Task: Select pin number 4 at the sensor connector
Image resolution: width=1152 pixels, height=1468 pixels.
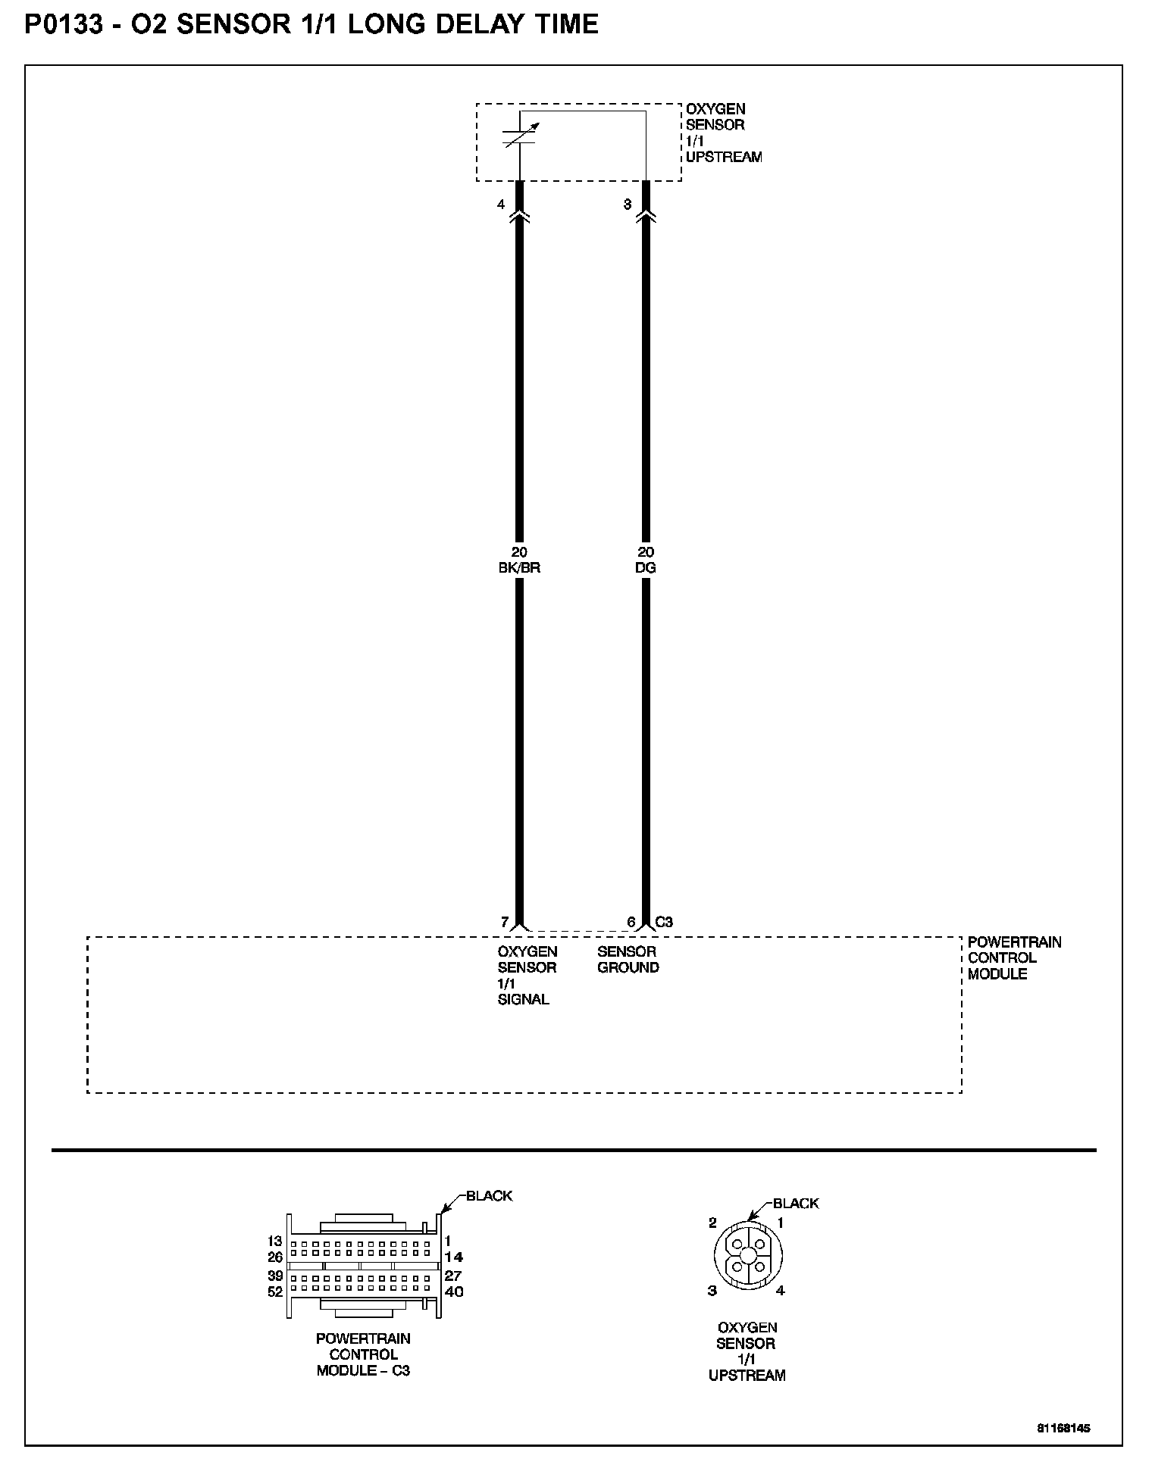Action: tap(501, 205)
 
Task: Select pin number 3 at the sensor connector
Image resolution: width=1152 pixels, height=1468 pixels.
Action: tap(627, 205)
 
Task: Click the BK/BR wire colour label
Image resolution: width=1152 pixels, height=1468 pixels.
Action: tap(519, 567)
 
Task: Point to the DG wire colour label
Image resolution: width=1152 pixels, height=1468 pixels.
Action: tap(646, 567)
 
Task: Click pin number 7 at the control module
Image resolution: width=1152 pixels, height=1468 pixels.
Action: tap(505, 922)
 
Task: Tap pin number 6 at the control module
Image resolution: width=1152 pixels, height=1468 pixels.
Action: tap(631, 922)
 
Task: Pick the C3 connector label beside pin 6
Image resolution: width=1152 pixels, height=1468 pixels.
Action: tap(664, 922)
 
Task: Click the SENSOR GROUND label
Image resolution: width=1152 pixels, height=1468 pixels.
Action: tap(628, 959)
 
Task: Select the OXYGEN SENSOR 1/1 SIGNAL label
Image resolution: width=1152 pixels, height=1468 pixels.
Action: tap(527, 975)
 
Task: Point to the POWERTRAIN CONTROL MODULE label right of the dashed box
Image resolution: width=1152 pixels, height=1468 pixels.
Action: tap(1014, 957)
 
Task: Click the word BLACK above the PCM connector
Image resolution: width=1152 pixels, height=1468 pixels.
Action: tap(489, 1195)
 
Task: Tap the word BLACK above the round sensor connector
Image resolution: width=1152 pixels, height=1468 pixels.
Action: tap(796, 1203)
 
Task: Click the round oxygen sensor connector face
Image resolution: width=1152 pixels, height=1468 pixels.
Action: tap(747, 1254)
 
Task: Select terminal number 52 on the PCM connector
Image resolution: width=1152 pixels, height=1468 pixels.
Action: tap(274, 1292)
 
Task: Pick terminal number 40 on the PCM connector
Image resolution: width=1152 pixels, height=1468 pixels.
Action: tap(453, 1292)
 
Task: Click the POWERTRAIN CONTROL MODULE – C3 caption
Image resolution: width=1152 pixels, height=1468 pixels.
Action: tap(363, 1354)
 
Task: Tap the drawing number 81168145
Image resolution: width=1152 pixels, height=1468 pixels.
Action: tap(1063, 1428)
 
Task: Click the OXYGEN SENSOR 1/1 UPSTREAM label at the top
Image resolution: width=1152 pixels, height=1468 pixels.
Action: tap(723, 133)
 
